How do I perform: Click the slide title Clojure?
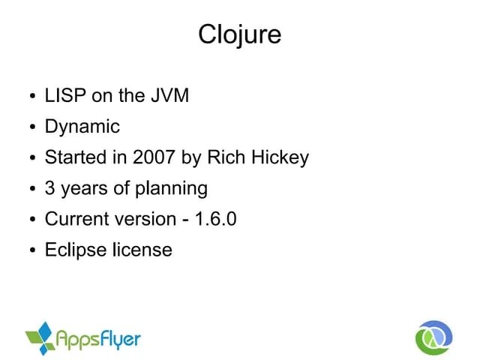click(x=239, y=34)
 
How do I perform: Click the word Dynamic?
click(x=82, y=127)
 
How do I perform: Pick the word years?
click(x=84, y=188)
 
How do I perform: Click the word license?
click(x=142, y=250)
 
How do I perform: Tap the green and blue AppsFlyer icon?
click(x=41, y=338)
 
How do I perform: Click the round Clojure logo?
click(x=434, y=337)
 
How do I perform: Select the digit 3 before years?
click(x=50, y=188)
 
